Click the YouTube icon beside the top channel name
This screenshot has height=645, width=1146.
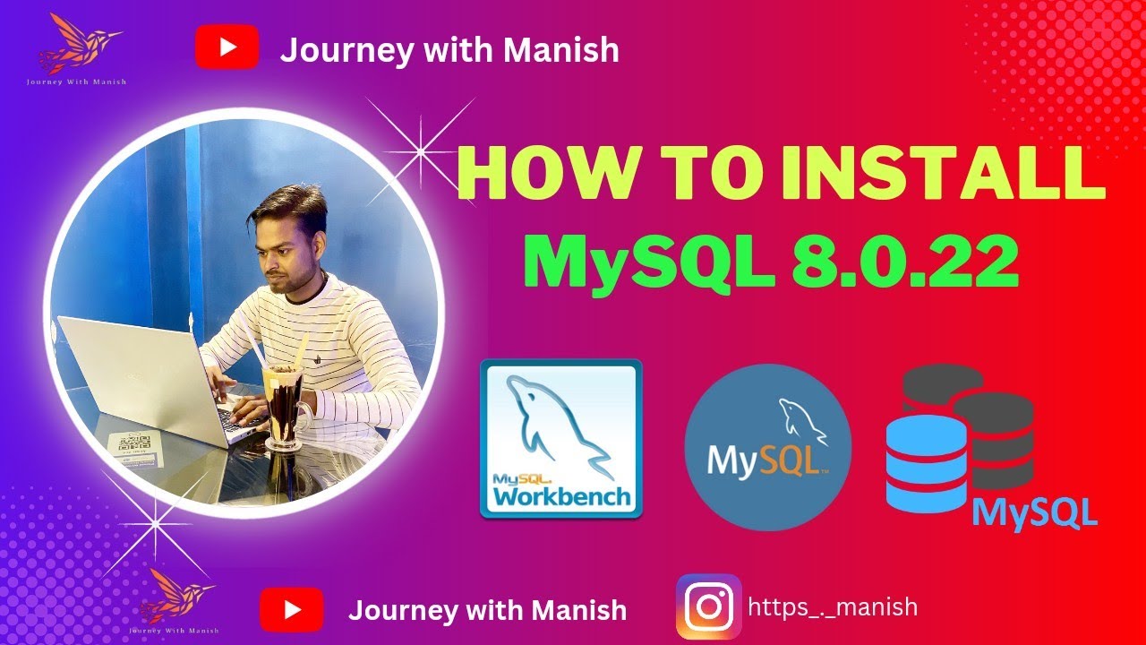click(227, 48)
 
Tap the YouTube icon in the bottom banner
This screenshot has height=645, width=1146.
click(291, 610)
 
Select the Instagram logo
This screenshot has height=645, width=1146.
click(708, 606)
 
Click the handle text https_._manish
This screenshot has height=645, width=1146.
click(833, 606)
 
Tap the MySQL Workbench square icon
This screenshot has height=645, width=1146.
click(561, 438)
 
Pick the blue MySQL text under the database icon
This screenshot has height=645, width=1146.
click(1034, 512)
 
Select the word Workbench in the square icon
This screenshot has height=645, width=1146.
click(561, 495)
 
